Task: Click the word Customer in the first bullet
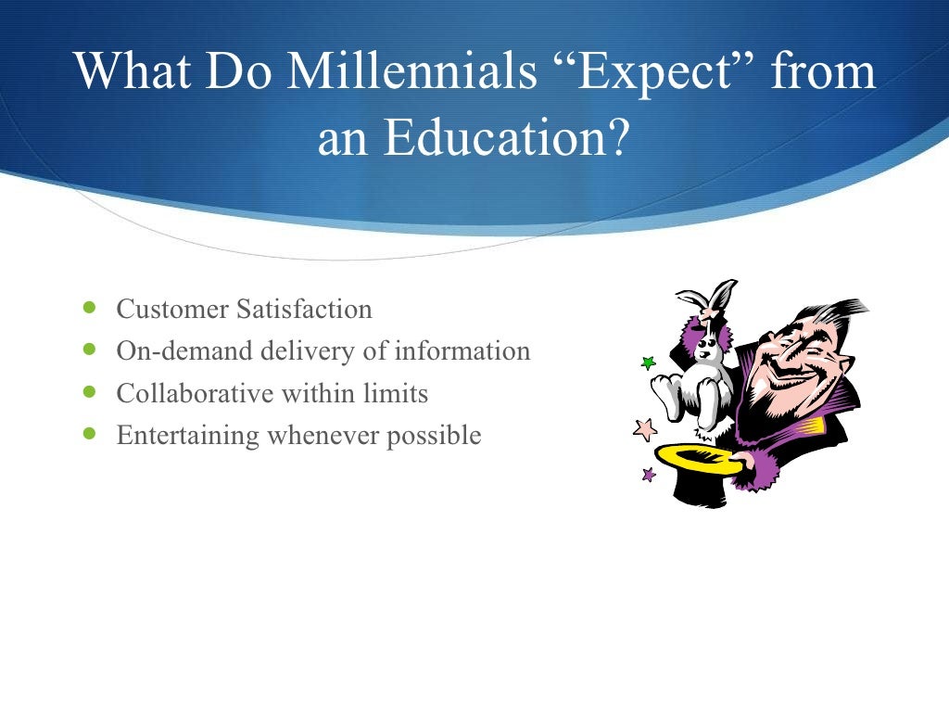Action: coord(171,309)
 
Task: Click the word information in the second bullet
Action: coord(462,351)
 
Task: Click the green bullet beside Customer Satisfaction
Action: coord(89,307)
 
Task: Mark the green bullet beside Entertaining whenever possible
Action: coord(89,433)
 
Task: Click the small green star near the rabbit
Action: coord(648,363)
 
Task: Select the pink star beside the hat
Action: coord(644,429)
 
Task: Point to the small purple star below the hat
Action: coord(649,475)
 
